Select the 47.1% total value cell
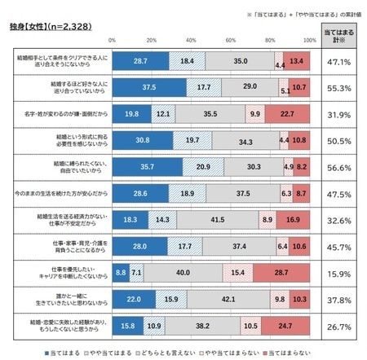[339, 62]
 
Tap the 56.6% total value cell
[339, 167]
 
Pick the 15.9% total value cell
[339, 273]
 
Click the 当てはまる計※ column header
[339, 36]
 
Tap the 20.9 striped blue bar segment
[203, 167]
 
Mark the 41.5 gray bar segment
[217, 220]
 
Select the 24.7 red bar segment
[285, 326]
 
